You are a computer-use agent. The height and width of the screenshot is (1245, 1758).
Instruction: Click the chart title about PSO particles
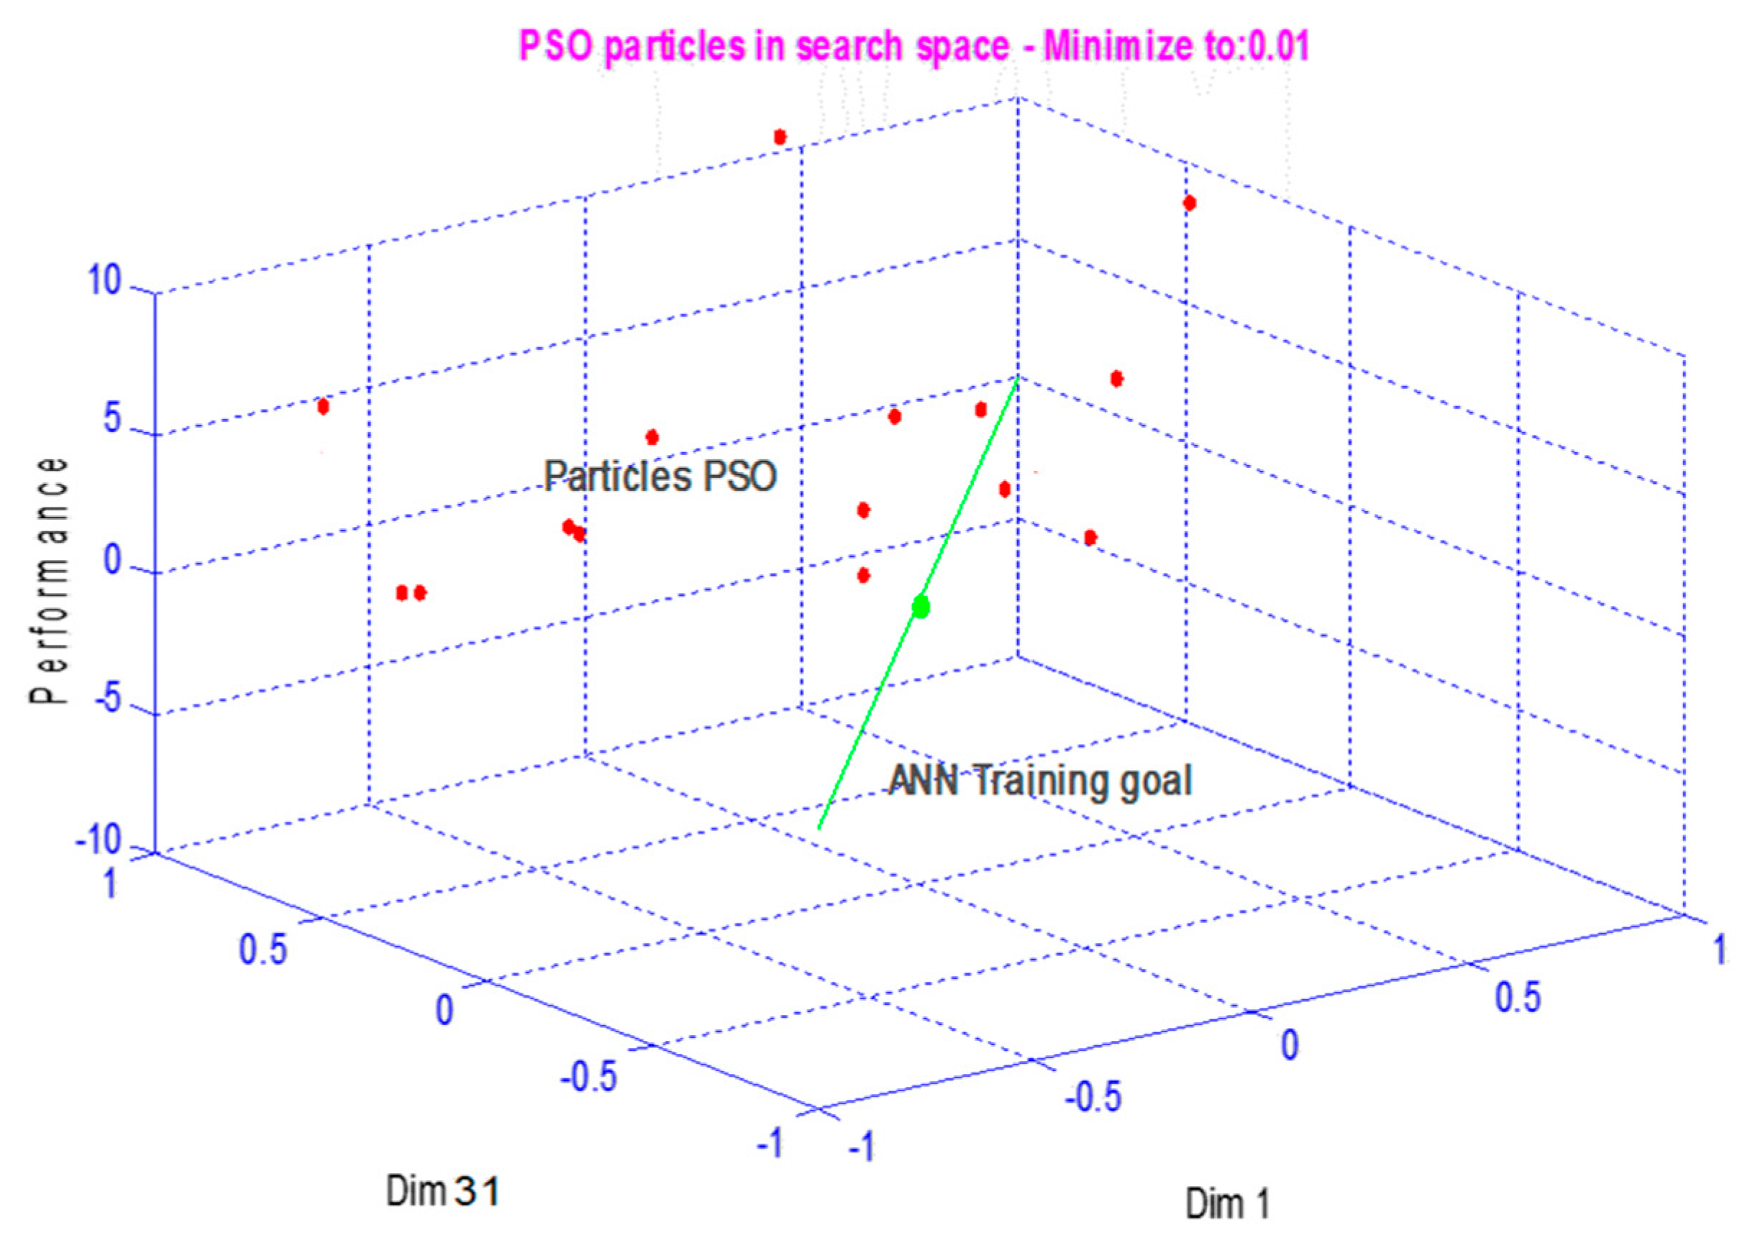pos(914,46)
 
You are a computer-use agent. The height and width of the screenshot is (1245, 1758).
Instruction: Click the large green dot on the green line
pos(921,607)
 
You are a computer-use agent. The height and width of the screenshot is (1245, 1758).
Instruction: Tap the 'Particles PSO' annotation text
pos(660,476)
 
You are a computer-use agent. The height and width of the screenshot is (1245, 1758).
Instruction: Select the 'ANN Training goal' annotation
pos(1040,781)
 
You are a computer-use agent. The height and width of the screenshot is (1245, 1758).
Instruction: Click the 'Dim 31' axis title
pos(443,1191)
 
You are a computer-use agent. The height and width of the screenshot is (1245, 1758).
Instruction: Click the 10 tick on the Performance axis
pos(104,280)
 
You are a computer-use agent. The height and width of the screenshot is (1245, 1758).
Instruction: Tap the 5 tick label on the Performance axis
pos(112,420)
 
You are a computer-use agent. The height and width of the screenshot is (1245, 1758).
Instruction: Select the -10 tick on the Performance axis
pos(98,841)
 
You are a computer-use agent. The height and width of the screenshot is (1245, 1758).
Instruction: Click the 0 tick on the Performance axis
pos(112,561)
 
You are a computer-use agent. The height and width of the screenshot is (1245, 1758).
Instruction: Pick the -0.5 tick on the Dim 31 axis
pos(589,1077)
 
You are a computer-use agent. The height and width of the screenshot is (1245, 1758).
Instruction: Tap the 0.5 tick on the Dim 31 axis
pos(263,949)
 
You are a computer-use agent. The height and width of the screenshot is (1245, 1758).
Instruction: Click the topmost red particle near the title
pos(780,137)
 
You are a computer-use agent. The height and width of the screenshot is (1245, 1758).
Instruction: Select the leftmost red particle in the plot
pos(323,406)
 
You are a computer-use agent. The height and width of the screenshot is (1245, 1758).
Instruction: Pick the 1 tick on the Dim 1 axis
pos(1721,949)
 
